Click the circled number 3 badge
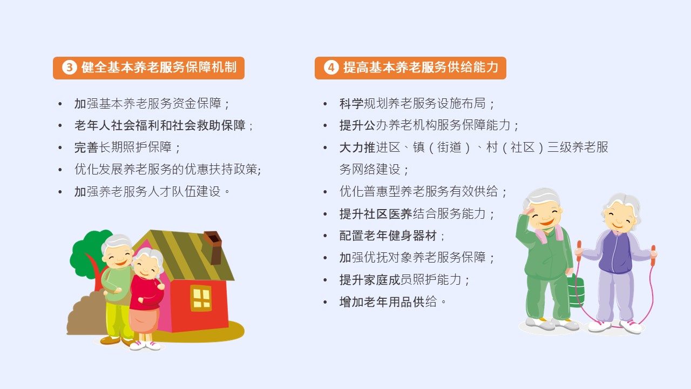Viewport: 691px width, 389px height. point(70,68)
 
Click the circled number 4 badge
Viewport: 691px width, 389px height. point(331,68)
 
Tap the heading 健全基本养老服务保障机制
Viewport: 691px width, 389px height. point(159,68)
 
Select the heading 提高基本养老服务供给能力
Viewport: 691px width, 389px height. point(421,68)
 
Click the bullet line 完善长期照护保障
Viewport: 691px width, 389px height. point(127,147)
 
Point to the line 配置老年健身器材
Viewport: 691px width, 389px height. point(392,236)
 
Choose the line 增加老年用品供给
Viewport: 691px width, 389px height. point(392,301)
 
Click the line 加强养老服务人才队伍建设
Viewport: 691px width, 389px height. point(152,191)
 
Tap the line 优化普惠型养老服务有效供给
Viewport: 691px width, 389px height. point(423,191)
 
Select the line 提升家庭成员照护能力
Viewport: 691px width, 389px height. point(404,280)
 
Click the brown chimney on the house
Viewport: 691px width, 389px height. point(213,247)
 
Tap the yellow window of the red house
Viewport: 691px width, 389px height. point(201,298)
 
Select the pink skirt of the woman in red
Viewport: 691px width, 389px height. point(144,321)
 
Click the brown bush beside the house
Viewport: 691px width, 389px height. point(85,315)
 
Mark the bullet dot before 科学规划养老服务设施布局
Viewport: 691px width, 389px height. point(325,104)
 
